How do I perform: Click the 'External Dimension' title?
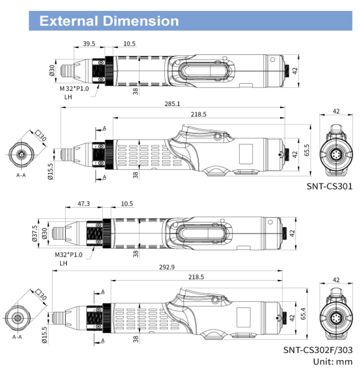[109, 21]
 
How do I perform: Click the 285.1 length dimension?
[172, 104]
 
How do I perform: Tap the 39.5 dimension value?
[89, 44]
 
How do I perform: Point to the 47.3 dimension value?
[83, 203]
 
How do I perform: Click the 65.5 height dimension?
[307, 150]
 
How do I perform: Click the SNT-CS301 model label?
[330, 186]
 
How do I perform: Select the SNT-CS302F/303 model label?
[318, 351]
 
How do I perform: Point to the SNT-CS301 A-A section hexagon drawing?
[21, 155]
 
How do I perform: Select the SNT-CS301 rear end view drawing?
[336, 151]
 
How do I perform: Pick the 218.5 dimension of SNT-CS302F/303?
[196, 277]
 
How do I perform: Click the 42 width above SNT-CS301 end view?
[336, 111]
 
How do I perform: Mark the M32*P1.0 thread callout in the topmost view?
[74, 88]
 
